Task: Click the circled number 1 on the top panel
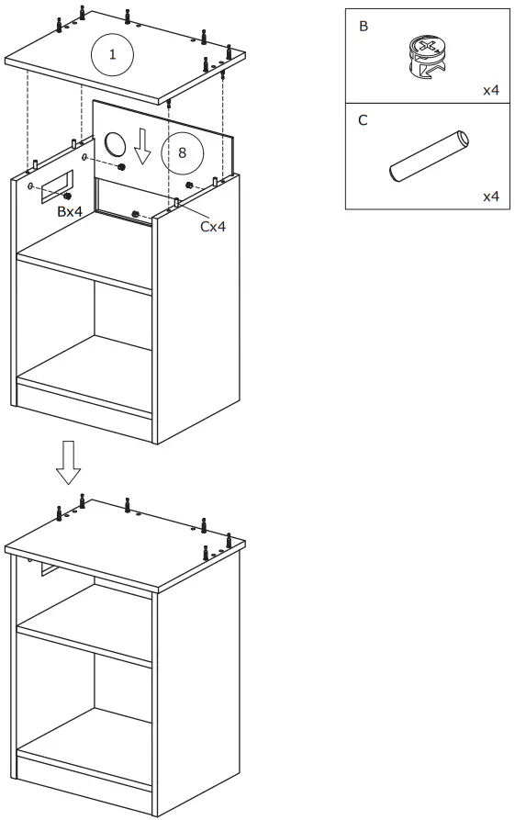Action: click(x=112, y=54)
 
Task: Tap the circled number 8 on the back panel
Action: click(x=181, y=152)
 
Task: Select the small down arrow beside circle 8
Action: click(x=141, y=146)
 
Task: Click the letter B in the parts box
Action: click(x=364, y=27)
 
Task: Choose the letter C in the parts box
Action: click(x=364, y=120)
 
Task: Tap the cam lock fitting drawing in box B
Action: click(x=426, y=56)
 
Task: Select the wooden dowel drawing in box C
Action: click(x=429, y=158)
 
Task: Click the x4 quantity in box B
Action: click(x=491, y=90)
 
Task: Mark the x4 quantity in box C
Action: click(x=491, y=197)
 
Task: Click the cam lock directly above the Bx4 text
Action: click(x=67, y=196)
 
